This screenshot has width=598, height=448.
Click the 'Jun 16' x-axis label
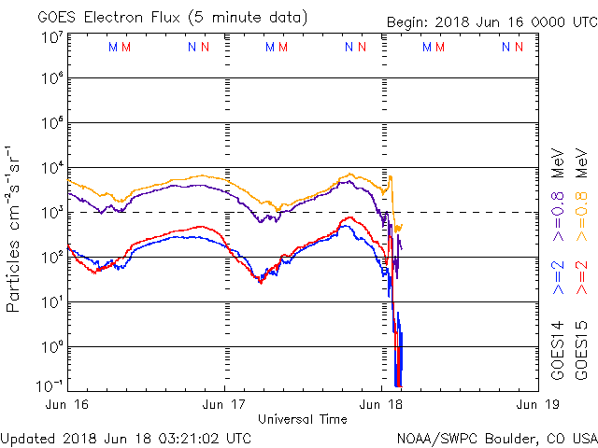coord(69,405)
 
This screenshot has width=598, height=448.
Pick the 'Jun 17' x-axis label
coord(225,405)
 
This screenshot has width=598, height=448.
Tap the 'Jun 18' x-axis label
coord(382,405)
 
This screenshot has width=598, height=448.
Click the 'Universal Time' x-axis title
coord(303,419)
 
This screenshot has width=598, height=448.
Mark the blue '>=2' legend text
coord(559,278)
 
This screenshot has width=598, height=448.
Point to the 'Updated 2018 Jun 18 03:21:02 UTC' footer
coord(126,437)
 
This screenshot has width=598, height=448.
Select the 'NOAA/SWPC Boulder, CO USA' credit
coord(496,437)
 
